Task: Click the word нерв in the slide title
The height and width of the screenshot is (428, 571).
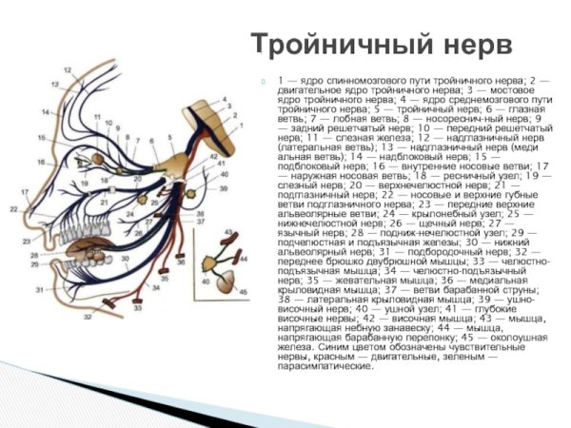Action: point(474,45)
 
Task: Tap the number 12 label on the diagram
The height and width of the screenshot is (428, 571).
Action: point(67,70)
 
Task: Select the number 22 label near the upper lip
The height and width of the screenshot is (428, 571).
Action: point(13,207)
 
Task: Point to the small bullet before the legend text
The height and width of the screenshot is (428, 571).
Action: point(267,80)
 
